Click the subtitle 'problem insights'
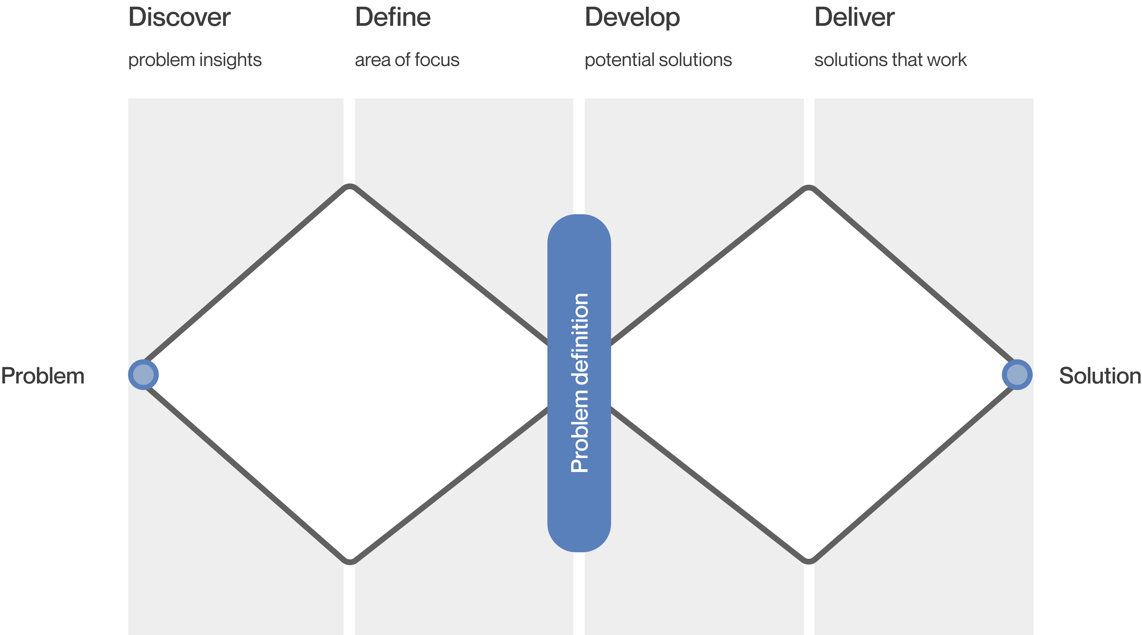(195, 60)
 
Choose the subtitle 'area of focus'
(407, 60)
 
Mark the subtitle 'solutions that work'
(890, 60)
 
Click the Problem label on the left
(42, 376)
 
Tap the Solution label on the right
(1100, 376)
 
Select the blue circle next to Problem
(143, 375)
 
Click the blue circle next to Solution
(1017, 375)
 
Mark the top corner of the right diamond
(809, 187)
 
